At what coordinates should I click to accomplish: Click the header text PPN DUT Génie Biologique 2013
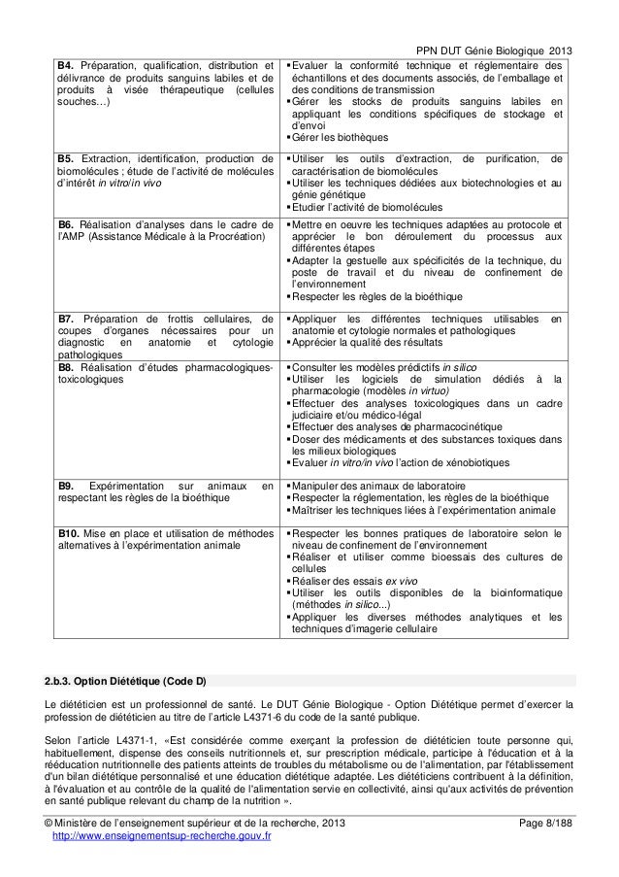(494, 23)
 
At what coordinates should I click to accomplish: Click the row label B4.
(66, 38)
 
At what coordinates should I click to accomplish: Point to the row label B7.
(66, 319)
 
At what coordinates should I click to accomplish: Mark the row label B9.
(66, 485)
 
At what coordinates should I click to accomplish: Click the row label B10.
(69, 534)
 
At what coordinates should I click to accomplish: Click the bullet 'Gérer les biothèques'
(338, 137)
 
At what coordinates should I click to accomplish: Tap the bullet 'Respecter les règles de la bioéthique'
(376, 296)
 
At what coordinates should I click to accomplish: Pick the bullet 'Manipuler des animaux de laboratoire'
(376, 485)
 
